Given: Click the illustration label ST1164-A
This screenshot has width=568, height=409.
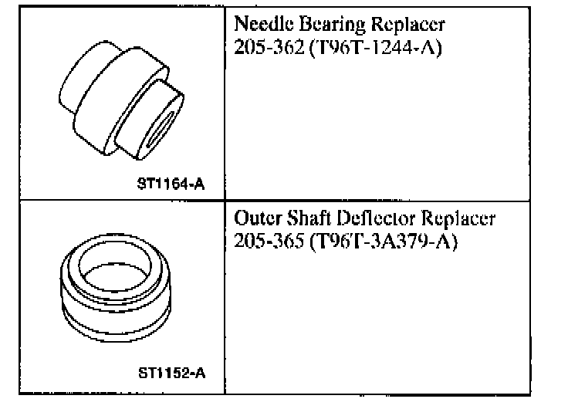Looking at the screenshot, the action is pyautogui.click(x=174, y=184).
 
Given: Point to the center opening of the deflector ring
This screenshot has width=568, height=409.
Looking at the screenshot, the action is pyautogui.click(x=113, y=265).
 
